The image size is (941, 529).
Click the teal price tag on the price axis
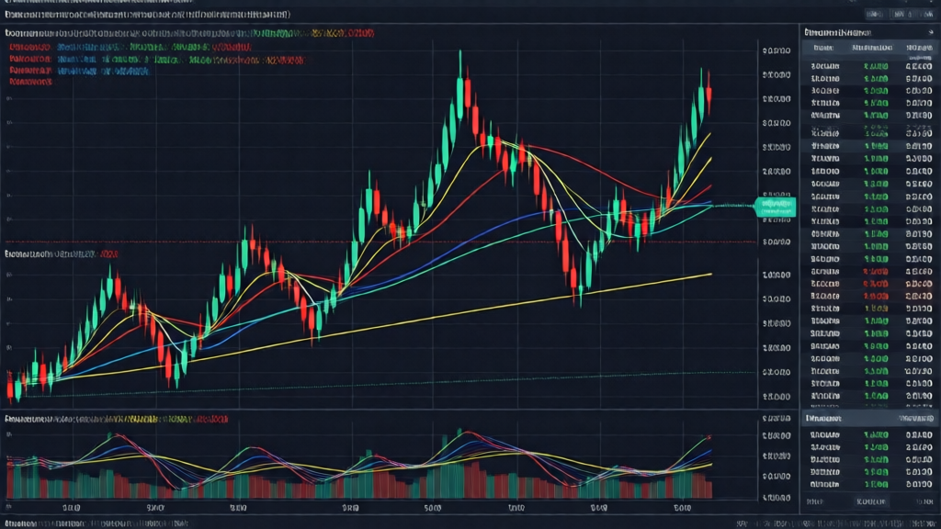point(773,208)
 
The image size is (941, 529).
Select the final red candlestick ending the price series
point(709,99)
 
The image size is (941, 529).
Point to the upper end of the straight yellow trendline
point(710,273)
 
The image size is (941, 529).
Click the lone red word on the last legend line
point(31,81)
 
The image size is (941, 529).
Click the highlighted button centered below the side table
point(868,503)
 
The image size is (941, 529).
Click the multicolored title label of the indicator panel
point(116,418)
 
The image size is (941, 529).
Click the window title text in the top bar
point(147,15)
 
